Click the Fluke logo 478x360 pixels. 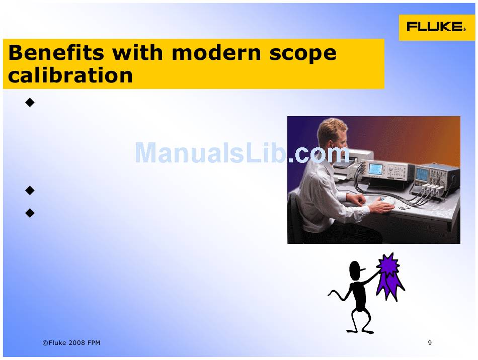point(437,27)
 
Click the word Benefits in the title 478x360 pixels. point(56,52)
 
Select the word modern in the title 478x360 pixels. point(216,52)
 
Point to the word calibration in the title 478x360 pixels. point(70,75)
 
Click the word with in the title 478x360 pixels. point(138,52)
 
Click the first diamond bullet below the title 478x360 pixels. point(30,103)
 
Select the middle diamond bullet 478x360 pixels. point(30,191)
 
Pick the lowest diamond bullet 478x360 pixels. point(30,213)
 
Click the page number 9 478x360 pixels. point(430,342)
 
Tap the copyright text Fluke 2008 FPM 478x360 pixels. point(71,342)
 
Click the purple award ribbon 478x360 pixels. point(390,276)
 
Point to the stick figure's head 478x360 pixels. point(356,271)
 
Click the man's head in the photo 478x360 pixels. point(332,135)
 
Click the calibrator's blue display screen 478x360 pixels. point(375,169)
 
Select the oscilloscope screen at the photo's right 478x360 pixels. point(422,173)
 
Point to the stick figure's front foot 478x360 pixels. point(367,332)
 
